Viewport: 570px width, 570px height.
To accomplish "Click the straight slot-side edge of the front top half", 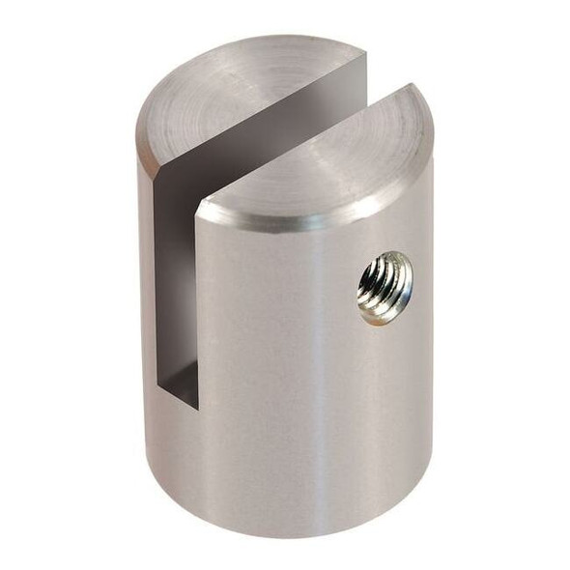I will [299, 140].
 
